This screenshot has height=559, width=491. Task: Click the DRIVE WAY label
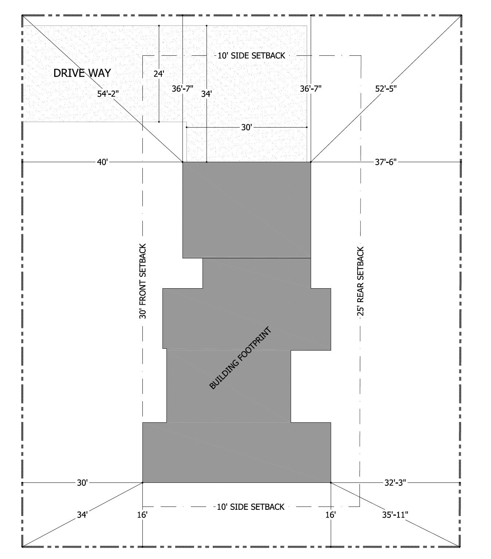[82, 73]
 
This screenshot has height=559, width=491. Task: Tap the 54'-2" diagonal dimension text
[108, 94]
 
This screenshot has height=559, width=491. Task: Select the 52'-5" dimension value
[386, 89]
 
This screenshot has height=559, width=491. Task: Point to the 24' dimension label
[159, 74]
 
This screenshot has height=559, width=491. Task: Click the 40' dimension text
[102, 162]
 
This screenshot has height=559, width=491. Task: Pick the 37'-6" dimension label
[386, 162]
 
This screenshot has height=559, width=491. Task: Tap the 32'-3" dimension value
[395, 482]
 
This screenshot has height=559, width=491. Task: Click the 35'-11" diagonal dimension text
[395, 515]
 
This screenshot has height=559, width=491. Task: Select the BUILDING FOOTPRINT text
[240, 358]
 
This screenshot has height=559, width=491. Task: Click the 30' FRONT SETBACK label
[143, 281]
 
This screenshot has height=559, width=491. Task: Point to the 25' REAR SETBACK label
[361, 281]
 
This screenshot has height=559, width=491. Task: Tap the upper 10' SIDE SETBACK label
[251, 56]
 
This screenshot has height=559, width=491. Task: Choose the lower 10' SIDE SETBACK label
[251, 507]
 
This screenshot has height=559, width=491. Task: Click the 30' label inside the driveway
[247, 127]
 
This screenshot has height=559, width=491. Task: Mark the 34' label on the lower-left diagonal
[82, 515]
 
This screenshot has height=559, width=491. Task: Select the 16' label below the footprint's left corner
[142, 515]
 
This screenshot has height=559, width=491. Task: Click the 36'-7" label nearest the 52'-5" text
[311, 89]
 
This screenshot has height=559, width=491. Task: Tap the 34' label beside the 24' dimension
[206, 94]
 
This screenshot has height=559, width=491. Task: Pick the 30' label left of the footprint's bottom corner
[82, 482]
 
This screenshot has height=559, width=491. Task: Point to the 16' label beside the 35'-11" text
[330, 515]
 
